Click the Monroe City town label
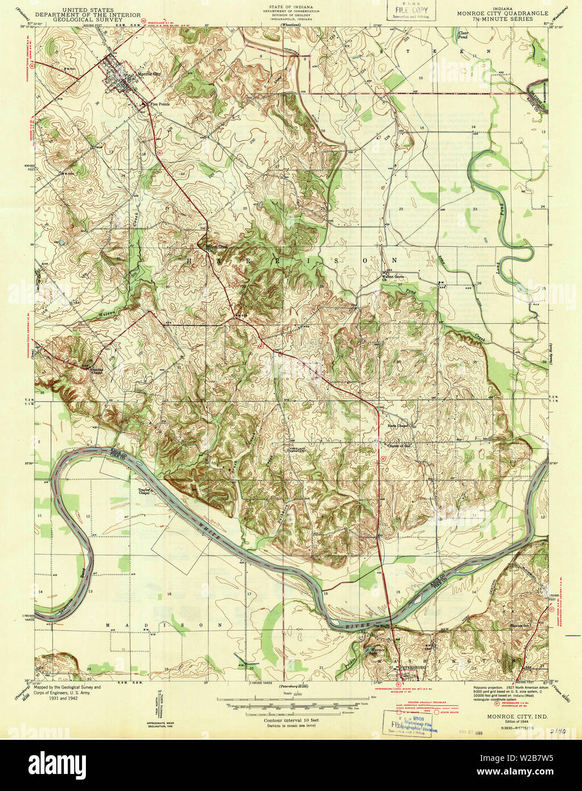(149, 74)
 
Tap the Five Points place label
(159, 104)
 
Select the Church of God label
(398, 446)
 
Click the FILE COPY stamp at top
(407, 10)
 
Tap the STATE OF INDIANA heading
(291, 6)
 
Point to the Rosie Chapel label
(399, 426)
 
